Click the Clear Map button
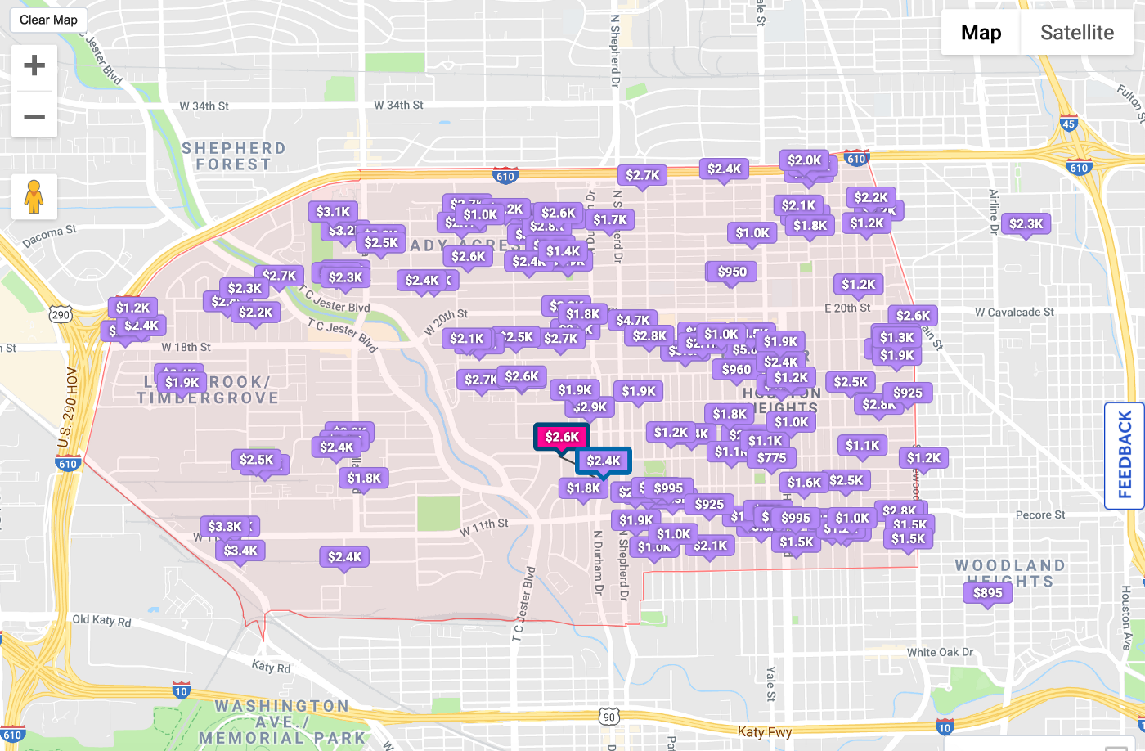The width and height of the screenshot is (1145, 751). click(x=48, y=20)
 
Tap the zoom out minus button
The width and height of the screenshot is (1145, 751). click(x=34, y=116)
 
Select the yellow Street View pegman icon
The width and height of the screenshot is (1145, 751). click(x=34, y=196)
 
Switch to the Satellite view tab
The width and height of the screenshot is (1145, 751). click(x=1076, y=33)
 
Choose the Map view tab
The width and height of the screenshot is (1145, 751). click(x=981, y=33)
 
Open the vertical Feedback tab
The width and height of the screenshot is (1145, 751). click(x=1125, y=455)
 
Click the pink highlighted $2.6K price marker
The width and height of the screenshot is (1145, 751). click(x=562, y=437)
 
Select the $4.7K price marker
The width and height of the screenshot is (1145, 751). click(x=633, y=320)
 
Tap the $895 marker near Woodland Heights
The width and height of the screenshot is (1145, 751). click(x=988, y=593)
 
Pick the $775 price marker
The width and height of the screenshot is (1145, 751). click(x=771, y=458)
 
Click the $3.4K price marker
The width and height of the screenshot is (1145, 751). click(x=240, y=551)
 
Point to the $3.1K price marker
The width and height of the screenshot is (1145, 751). click(x=333, y=212)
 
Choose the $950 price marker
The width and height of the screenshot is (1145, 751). click(x=732, y=272)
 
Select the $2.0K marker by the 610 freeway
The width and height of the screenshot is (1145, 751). click(x=804, y=160)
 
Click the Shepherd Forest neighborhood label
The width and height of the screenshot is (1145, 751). click(x=233, y=155)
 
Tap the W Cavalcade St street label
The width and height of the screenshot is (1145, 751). click(x=1014, y=312)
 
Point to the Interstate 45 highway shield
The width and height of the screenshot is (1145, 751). click(x=1068, y=124)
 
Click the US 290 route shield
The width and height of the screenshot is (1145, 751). click(x=61, y=315)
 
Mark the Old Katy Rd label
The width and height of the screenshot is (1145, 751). click(x=101, y=620)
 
